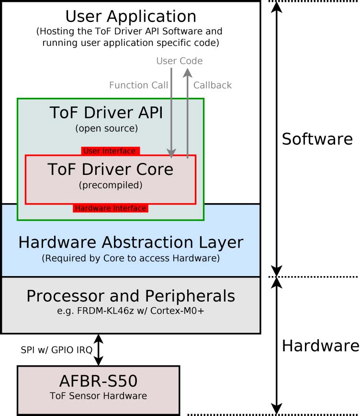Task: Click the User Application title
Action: coord(131,16)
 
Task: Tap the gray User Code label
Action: coord(180,61)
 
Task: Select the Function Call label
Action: coord(138,85)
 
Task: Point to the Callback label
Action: coord(212,85)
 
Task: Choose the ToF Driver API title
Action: coord(106,113)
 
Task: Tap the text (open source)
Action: coord(106,128)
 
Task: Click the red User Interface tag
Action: coord(110,151)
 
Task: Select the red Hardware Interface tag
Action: coord(110,208)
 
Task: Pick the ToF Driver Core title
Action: coord(110,170)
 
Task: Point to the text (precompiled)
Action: coord(110,185)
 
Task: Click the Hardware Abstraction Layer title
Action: coord(131,243)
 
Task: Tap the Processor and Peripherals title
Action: coord(131,296)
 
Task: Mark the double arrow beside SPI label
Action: coord(99,350)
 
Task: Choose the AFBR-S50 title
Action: coord(98,382)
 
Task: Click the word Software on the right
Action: coord(317,139)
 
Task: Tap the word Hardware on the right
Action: coord(320,346)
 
